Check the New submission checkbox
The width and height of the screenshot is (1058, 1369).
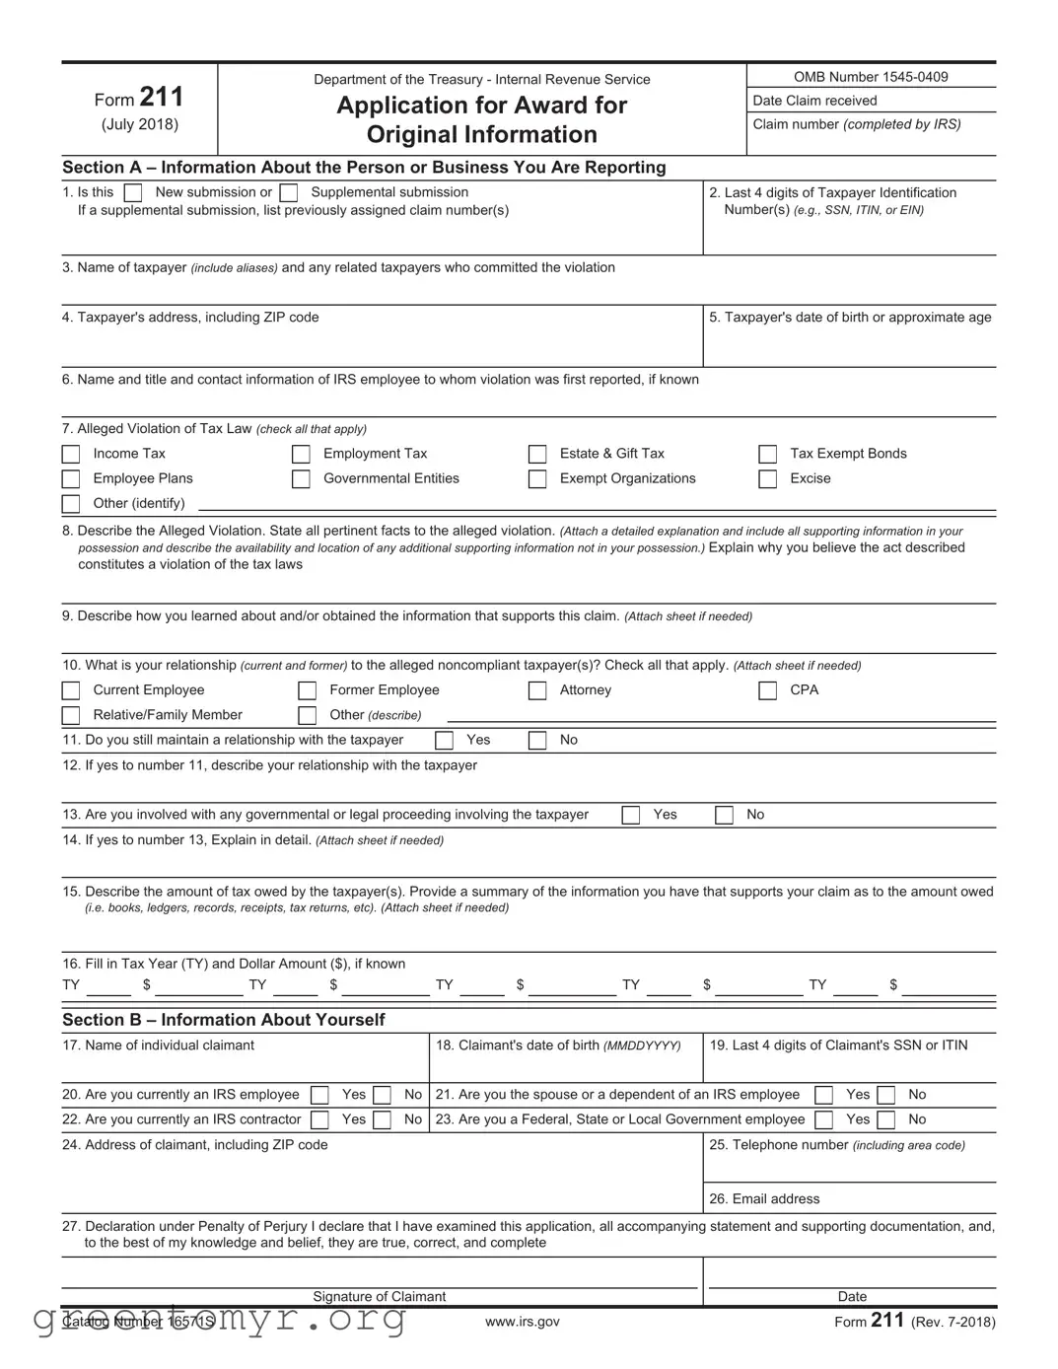(x=133, y=193)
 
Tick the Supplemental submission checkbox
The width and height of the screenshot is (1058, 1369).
(x=289, y=193)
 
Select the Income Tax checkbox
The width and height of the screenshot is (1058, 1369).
(x=71, y=455)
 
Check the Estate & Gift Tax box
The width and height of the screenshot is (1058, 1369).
(x=537, y=455)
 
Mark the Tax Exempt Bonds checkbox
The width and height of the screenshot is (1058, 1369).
(x=767, y=455)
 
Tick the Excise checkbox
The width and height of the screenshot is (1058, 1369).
(x=767, y=479)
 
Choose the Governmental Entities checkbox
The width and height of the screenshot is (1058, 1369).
(x=301, y=479)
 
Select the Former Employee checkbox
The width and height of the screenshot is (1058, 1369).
(x=308, y=691)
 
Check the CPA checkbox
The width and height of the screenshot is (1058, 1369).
(x=767, y=691)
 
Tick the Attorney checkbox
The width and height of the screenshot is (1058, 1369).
(x=537, y=691)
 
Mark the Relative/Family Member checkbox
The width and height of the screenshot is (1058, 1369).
(x=71, y=716)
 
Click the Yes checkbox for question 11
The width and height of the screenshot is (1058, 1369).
(x=445, y=741)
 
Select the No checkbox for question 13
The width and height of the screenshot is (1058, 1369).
(x=724, y=816)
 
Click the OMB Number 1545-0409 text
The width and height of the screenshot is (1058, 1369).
(x=871, y=77)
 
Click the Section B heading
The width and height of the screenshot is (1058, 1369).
(x=224, y=1020)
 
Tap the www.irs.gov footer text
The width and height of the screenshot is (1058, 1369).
(x=522, y=1322)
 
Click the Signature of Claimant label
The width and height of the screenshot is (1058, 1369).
(x=380, y=1297)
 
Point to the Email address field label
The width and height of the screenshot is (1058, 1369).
(x=764, y=1199)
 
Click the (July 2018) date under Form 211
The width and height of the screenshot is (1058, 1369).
(x=140, y=124)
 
